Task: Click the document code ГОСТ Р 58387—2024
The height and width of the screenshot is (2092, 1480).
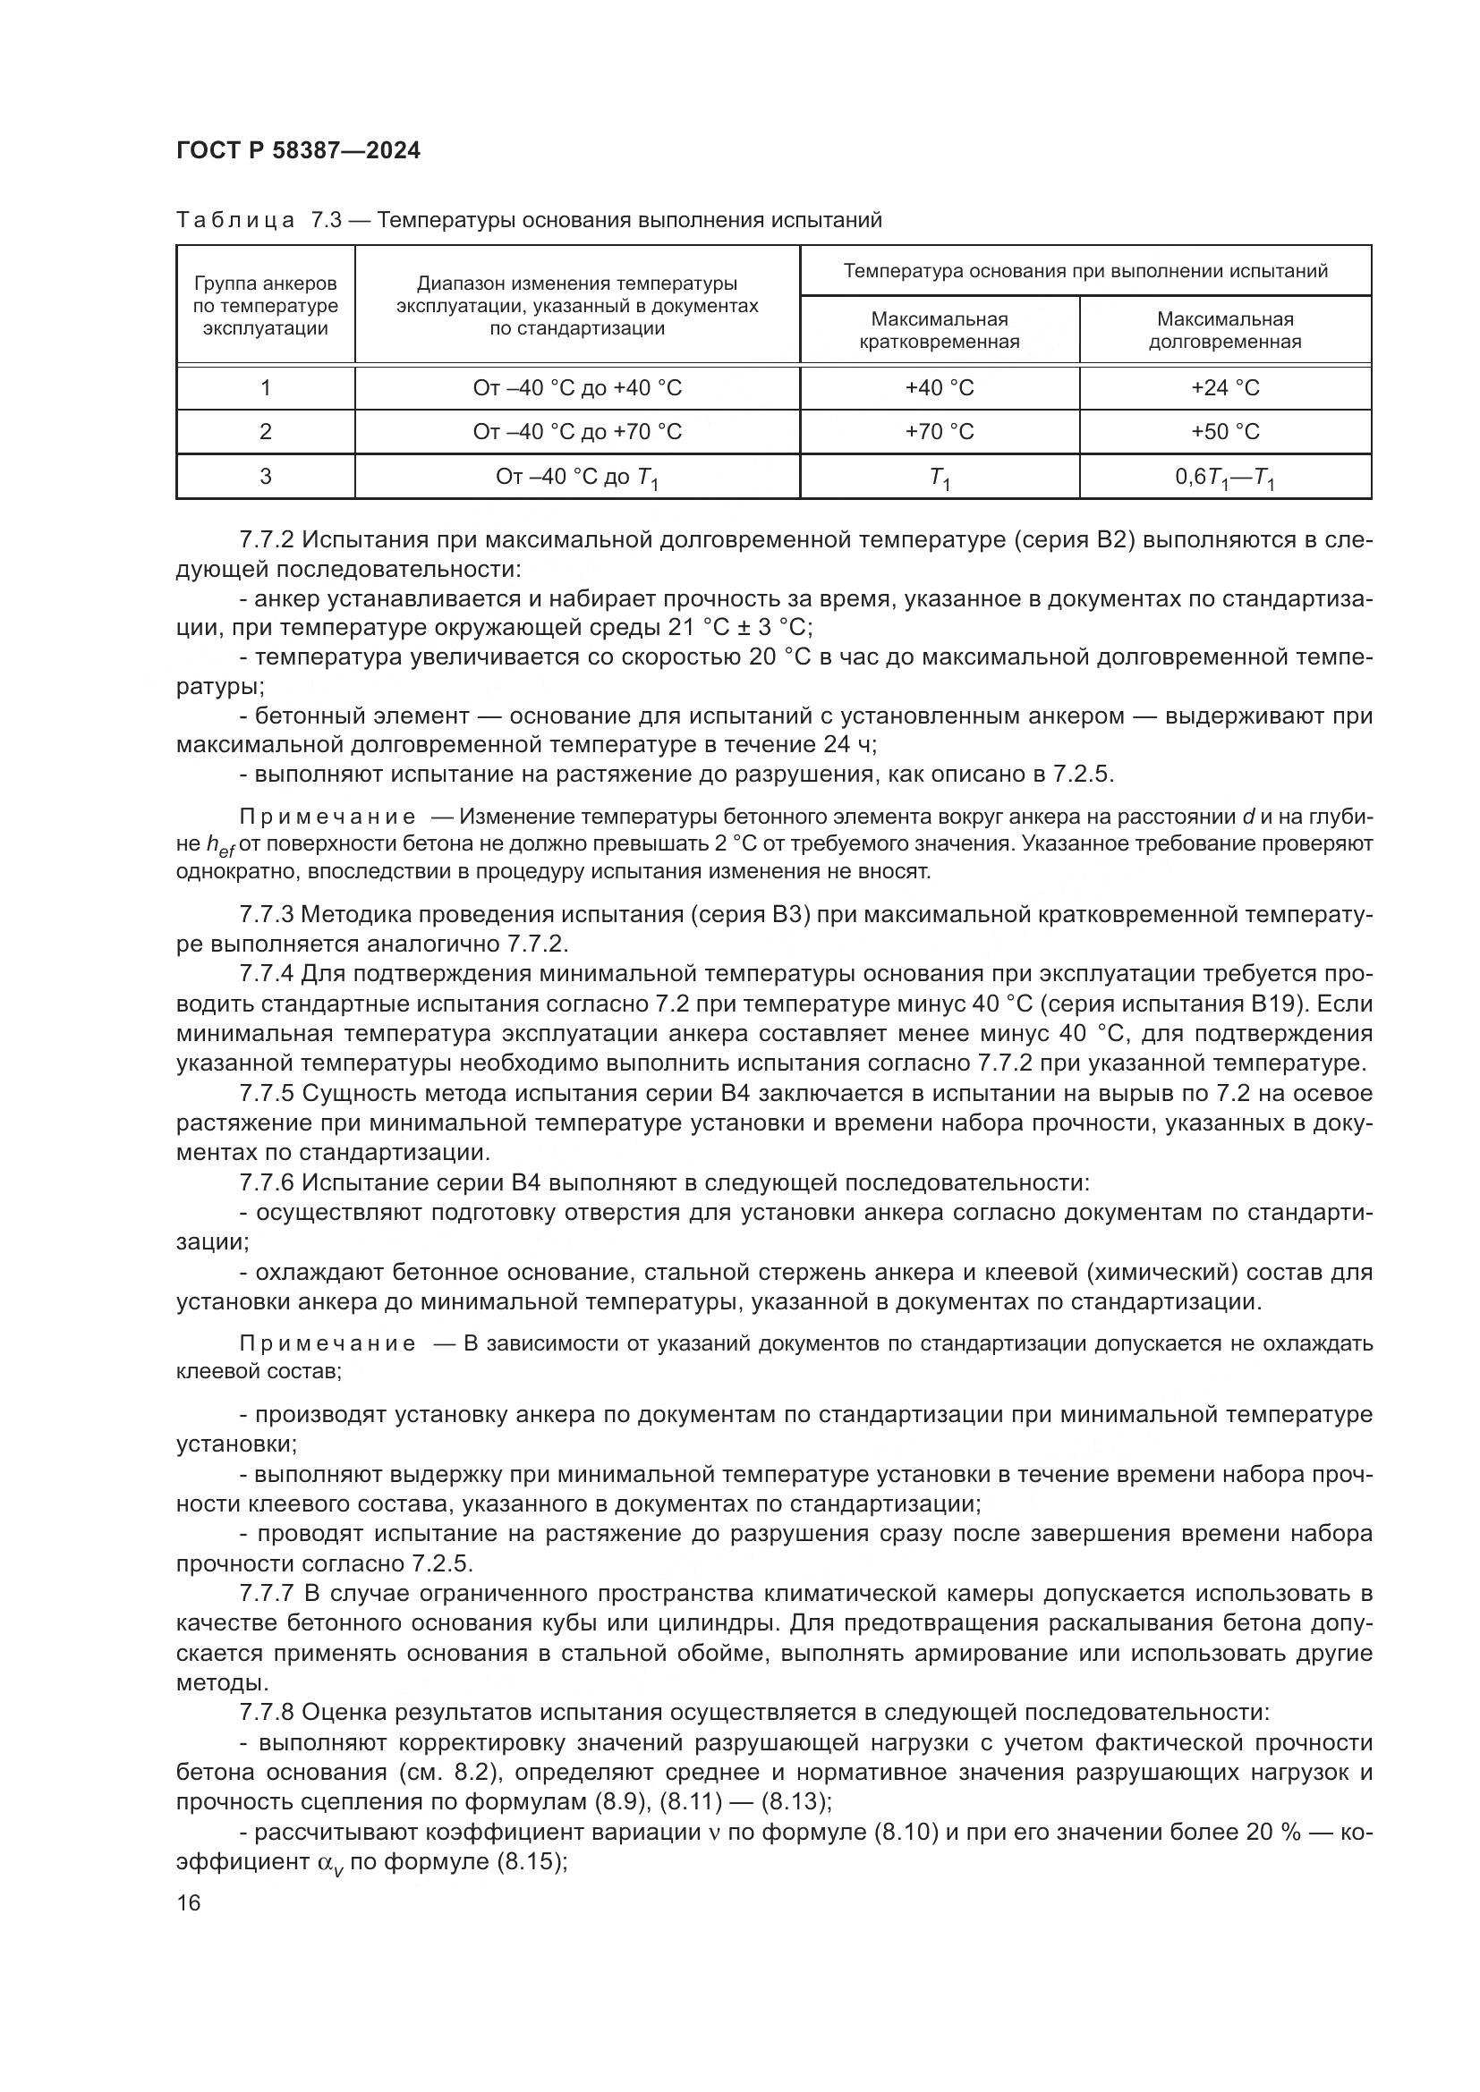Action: [x=298, y=151]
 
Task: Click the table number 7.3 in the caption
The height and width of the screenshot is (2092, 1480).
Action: [x=326, y=221]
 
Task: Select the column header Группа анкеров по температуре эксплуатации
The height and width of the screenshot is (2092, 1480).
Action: [x=265, y=306]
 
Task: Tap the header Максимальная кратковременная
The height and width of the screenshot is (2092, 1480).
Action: [x=939, y=330]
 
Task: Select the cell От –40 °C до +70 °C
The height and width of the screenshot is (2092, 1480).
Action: [x=577, y=432]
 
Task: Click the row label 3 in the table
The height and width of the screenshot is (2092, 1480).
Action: [x=265, y=477]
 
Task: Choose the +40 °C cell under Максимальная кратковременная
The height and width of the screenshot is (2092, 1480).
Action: [x=939, y=388]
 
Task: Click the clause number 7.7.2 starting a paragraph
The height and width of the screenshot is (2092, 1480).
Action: [x=267, y=540]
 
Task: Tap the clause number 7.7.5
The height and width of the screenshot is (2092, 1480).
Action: [x=267, y=1093]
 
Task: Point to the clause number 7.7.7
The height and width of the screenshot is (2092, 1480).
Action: [x=267, y=1594]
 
